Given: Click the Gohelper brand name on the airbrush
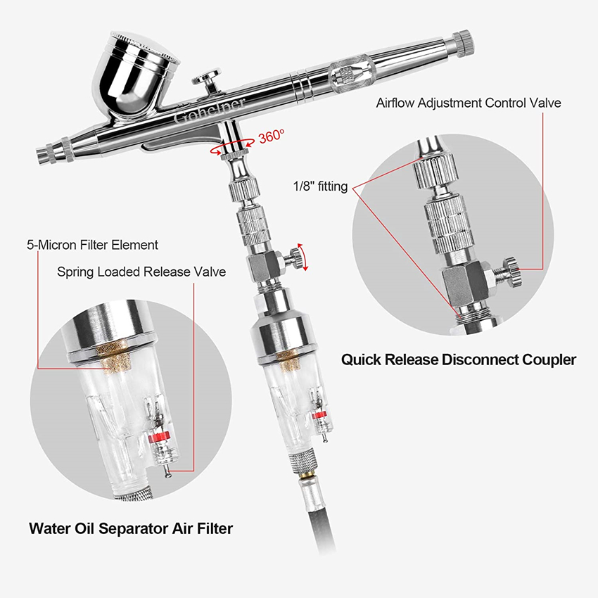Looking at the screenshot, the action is point(209,110).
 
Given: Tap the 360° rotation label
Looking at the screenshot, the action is point(272,136).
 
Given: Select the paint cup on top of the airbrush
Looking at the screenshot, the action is point(136,72).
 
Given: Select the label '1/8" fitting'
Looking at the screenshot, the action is point(320,186).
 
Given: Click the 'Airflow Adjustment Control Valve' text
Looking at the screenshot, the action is point(469,103).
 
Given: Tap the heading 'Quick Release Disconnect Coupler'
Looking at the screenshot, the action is point(459,360).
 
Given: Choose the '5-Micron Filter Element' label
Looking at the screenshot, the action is point(92,245).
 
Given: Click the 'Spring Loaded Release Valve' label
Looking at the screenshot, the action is point(141,272).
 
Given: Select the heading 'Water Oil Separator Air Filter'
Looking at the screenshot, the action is point(131,528).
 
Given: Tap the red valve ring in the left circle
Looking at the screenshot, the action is point(160,438).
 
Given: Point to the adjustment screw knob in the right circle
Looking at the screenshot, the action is point(510,271).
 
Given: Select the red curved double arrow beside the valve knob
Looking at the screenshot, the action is point(303,256).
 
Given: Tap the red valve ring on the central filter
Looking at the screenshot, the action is point(319,415).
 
